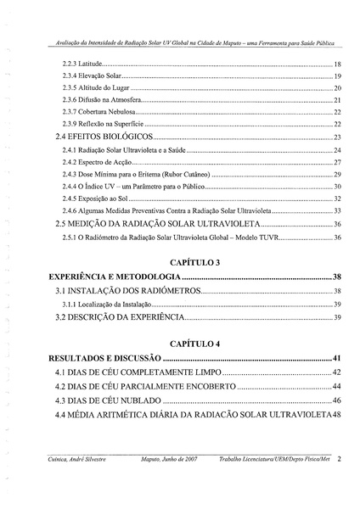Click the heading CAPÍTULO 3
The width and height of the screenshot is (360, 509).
coord(194,262)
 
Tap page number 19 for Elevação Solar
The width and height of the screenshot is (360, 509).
coord(337,76)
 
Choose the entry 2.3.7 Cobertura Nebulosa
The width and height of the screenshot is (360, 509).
coord(99,112)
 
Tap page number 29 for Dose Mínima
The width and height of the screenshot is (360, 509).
coord(337,174)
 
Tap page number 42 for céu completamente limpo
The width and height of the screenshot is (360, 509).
coord(336,372)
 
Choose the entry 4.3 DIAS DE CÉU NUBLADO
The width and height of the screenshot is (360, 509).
coord(107,400)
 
